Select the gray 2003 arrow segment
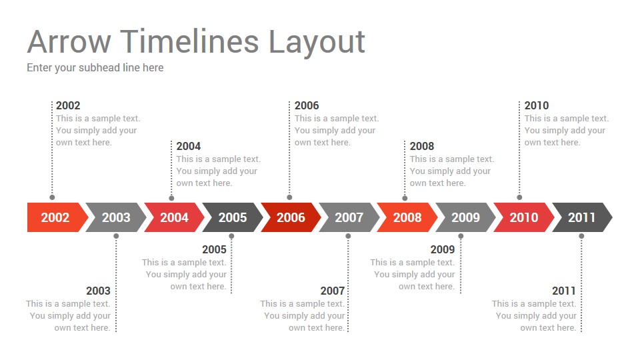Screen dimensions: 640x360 coord(116,217)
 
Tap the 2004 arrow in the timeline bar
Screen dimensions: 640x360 coord(174,217)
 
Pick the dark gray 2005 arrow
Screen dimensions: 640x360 coord(233,217)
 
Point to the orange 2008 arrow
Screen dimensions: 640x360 coord(407,217)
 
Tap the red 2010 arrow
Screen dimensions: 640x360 coord(524,217)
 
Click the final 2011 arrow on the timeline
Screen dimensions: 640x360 coord(582,217)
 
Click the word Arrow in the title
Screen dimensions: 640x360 coord(69,41)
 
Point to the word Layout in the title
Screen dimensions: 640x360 coord(317,43)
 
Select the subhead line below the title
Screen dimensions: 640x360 coord(95,68)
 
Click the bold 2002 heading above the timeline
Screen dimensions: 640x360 coord(68,105)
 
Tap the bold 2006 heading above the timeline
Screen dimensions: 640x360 coord(307,105)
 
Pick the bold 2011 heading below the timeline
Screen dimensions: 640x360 coord(564,291)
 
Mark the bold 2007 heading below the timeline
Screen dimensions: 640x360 coord(332,291)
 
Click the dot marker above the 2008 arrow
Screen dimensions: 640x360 coord(405,199)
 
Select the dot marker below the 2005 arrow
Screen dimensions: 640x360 coord(231,236)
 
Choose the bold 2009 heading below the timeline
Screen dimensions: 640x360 coord(443,249)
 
